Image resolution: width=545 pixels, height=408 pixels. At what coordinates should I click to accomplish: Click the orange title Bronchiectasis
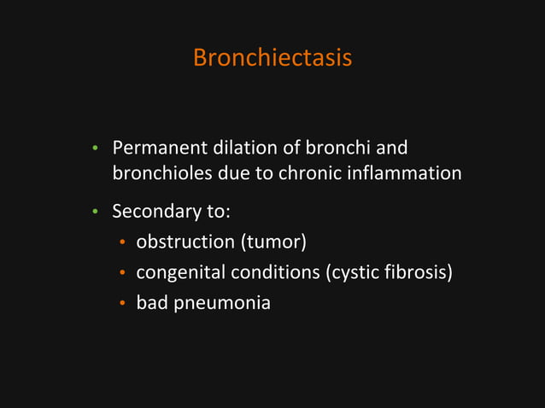tap(272, 58)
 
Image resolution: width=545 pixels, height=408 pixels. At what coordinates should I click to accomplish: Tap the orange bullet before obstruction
tap(122, 244)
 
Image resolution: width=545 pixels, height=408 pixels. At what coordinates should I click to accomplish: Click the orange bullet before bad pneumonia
tap(122, 303)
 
